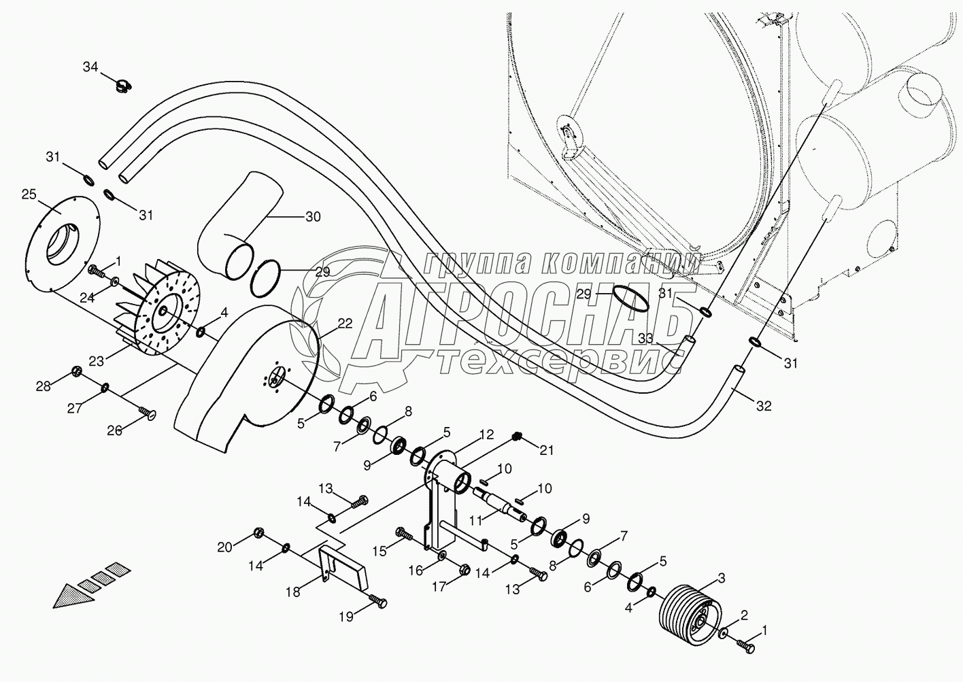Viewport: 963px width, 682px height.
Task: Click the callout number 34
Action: pos(90,67)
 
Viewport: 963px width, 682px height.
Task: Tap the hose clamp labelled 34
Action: pos(123,85)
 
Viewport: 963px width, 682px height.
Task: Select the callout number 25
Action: pos(29,194)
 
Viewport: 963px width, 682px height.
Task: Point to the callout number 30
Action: pos(313,217)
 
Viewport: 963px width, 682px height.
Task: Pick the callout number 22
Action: pos(345,324)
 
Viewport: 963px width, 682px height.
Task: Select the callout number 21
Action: pos(547,449)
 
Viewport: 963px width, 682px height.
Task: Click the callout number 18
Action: pos(292,592)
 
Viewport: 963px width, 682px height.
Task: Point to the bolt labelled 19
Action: pos(377,600)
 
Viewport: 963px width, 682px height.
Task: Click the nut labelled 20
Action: pos(258,532)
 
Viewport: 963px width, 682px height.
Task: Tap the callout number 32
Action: pos(764,406)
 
